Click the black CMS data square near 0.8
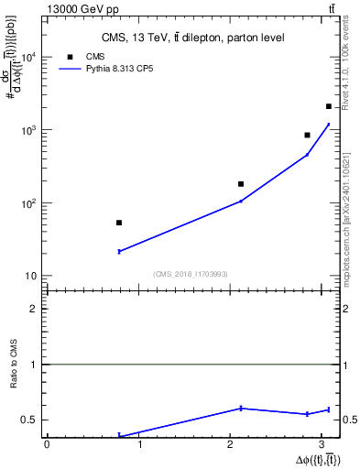click(x=119, y=223)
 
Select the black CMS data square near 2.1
click(x=241, y=184)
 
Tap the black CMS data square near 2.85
click(x=308, y=135)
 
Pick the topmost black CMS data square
click(x=329, y=106)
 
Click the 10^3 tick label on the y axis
click(x=28, y=130)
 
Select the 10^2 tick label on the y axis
click(x=28, y=202)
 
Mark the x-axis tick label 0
click(x=47, y=445)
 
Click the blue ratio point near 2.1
click(x=241, y=408)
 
